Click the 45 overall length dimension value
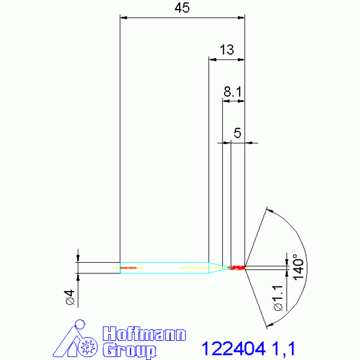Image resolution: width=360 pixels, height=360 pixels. pyautogui.click(x=182, y=8)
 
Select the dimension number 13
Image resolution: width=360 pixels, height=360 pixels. pyautogui.click(x=226, y=50)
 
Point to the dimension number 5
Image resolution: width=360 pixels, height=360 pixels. pyautogui.click(x=237, y=133)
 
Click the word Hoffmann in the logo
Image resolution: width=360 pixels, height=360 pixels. pyautogui.click(x=144, y=335)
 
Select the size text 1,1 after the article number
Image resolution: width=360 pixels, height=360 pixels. pyautogui.click(x=282, y=349)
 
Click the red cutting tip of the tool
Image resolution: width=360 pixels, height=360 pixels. pyautogui.click(x=237, y=268)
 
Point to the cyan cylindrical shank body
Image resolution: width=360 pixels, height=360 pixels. pyautogui.click(x=164, y=268)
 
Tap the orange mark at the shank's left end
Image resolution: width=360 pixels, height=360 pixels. pyautogui.click(x=128, y=268)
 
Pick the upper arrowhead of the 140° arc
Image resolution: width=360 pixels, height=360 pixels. pyautogui.click(x=269, y=209)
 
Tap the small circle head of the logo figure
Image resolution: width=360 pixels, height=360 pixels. pyautogui.click(x=80, y=324)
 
